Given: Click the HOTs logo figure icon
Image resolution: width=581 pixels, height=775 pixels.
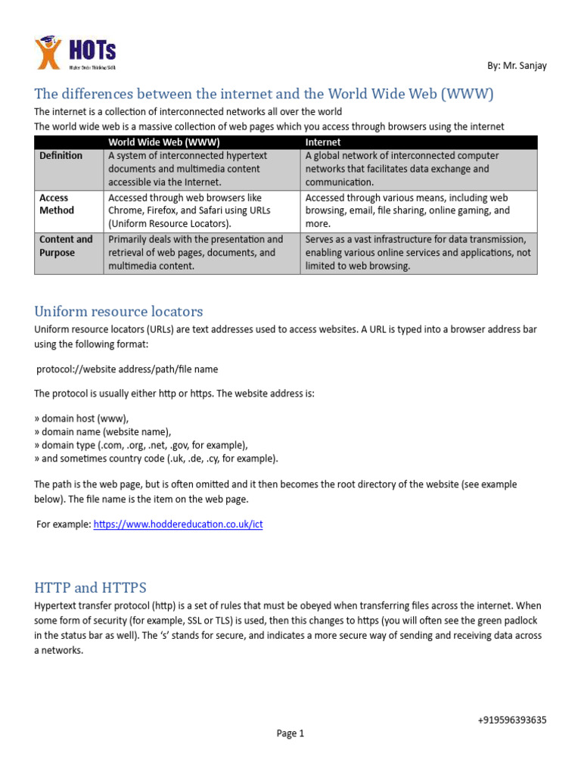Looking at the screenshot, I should point(48,54).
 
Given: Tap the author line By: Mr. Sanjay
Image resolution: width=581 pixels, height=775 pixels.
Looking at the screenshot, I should point(517,66).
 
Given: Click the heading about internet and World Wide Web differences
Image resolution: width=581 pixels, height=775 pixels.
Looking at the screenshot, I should point(264,95).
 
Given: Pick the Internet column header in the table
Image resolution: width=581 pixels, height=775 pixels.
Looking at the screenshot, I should point(323,142).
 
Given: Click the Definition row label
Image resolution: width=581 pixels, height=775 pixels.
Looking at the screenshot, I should point(61,156).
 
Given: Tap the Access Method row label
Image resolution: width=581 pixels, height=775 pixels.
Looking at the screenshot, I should point(57,204).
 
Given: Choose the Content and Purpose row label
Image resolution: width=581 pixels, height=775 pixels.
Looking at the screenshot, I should point(66,246).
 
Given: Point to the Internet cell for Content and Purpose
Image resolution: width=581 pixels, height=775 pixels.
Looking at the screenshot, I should point(418,253).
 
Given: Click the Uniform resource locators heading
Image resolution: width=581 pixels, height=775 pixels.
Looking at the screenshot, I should point(119,312).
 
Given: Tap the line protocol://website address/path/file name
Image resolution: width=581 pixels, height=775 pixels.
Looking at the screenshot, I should point(127,369).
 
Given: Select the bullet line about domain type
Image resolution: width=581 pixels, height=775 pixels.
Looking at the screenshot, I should point(141,445).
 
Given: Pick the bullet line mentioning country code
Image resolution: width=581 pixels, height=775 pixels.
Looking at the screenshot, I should point(156,459).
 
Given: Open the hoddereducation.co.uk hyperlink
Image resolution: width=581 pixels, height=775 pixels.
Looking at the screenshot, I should point(178,524).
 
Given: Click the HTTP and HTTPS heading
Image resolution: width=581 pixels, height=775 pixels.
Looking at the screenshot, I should point(91,588).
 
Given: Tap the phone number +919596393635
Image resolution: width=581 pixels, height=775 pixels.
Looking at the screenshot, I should point(512,720).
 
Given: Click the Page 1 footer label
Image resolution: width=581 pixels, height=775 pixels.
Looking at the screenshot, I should point(290,733).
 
